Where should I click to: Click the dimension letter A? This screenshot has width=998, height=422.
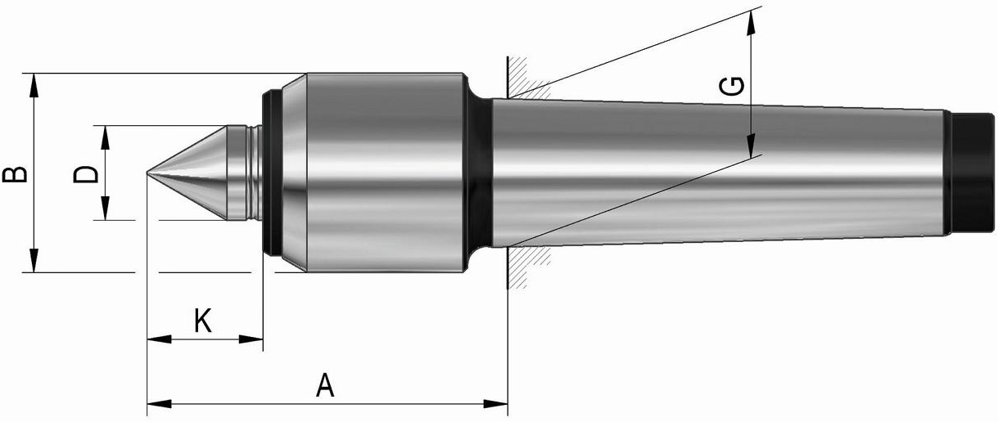325,386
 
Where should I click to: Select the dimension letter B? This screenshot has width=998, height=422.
15,175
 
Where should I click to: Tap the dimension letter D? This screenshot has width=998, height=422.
85,174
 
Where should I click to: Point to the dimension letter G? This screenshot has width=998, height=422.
732,87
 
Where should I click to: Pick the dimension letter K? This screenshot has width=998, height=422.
203,321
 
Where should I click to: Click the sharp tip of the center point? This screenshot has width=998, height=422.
147,173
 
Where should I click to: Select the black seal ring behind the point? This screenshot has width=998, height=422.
272,173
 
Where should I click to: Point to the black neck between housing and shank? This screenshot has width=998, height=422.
479,173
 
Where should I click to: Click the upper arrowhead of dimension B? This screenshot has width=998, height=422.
34,84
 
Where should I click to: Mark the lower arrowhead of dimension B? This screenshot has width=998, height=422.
34,260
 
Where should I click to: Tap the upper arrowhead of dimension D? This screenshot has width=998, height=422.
105,137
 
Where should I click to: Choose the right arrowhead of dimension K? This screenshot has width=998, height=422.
251,339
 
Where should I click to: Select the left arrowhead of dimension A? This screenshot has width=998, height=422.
159,404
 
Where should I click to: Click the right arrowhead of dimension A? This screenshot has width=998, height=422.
495,404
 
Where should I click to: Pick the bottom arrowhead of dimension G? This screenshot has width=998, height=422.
752,146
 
